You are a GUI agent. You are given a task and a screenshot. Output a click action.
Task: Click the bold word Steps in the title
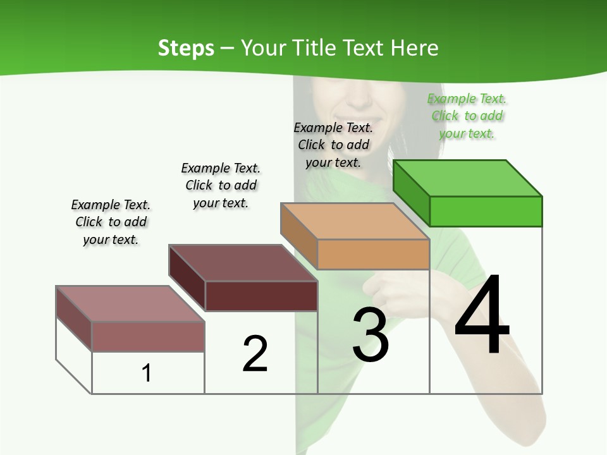[x=186, y=48]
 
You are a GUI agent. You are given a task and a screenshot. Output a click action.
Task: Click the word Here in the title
[x=414, y=48]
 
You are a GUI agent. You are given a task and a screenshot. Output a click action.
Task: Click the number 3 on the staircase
[x=371, y=335]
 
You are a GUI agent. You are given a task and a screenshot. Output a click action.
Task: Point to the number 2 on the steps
[x=255, y=354]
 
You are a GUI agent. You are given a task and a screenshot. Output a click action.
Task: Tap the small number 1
[x=147, y=373]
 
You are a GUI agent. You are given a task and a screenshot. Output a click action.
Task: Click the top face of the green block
[x=468, y=178]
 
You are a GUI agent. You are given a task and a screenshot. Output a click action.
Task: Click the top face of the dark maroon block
[x=243, y=263]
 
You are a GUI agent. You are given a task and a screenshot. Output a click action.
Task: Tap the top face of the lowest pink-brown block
[x=130, y=304]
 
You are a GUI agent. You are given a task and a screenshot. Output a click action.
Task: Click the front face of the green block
[x=486, y=211]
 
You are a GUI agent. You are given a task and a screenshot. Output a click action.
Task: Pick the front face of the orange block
[x=373, y=254]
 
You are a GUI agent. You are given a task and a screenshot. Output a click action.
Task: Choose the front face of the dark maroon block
[x=261, y=296]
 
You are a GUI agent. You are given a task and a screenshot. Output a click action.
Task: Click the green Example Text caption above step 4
[x=467, y=116]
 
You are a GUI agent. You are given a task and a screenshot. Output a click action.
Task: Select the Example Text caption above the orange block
[x=333, y=145]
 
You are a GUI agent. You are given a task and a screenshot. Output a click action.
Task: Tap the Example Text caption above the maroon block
[x=221, y=185]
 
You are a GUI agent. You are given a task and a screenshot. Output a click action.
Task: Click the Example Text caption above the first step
[x=111, y=222]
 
